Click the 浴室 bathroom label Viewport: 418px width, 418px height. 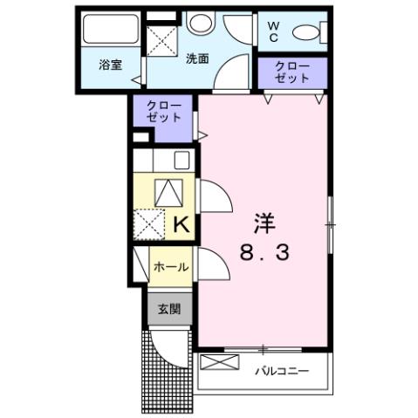point(109,65)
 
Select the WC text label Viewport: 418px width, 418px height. point(273,31)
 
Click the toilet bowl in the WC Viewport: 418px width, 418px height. point(305,33)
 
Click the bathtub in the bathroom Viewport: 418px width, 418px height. point(109,31)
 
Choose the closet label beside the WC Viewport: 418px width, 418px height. point(291,72)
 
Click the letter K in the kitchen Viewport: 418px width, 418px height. point(182,224)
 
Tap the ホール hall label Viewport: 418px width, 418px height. point(170,267)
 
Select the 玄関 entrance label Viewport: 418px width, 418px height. point(169,308)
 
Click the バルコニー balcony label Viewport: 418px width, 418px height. point(282,371)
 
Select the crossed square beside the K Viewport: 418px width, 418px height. point(150,224)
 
